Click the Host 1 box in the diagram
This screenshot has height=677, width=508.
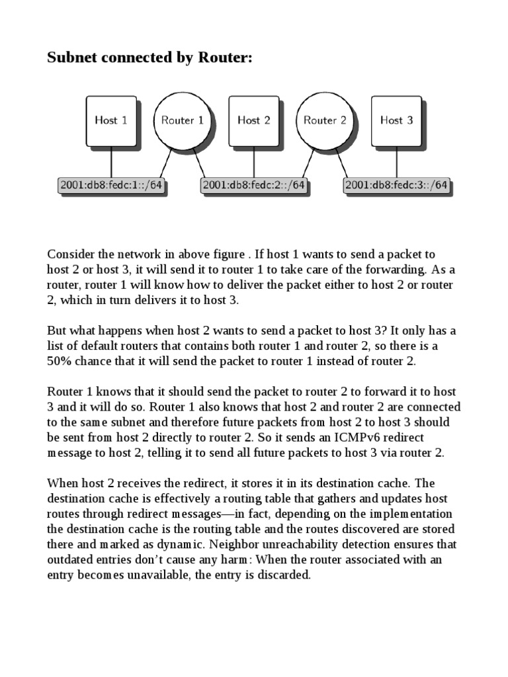click(110, 120)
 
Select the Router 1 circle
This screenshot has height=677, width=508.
click(183, 120)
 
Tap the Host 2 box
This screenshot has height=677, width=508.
click(253, 120)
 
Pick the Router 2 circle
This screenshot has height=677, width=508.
click(325, 120)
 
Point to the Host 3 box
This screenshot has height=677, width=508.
click(396, 120)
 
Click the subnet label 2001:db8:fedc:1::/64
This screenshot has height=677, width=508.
click(110, 186)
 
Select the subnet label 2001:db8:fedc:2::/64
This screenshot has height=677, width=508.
click(253, 186)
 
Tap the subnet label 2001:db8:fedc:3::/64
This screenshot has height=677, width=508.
click(396, 186)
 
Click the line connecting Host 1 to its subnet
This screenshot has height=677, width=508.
click(110, 161)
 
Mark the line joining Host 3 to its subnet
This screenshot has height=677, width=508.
click(396, 161)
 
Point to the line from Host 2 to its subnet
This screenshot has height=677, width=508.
click(253, 161)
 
